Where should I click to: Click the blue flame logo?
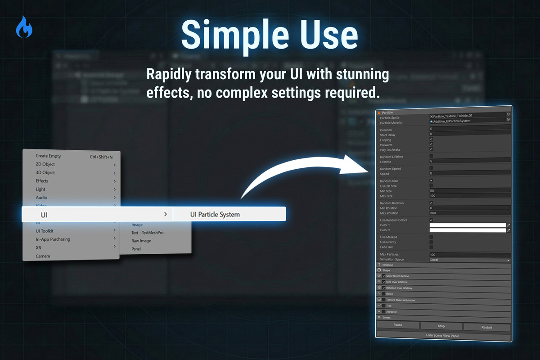point(24,27)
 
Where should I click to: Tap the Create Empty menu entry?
point(48,156)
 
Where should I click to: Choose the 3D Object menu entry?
point(45,172)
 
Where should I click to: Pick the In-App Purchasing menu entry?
point(53,239)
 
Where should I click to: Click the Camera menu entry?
point(43,256)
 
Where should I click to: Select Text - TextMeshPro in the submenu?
point(147,233)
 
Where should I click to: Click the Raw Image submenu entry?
point(141,241)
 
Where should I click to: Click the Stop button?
point(441,326)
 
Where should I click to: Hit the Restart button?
point(487,327)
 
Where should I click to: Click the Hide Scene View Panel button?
point(443,336)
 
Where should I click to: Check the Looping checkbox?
point(431,139)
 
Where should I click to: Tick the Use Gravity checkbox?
point(431,242)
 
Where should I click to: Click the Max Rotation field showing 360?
point(469,213)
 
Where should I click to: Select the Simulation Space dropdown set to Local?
point(469,260)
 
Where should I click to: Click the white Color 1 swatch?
point(467,225)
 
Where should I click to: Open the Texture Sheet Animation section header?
point(400,300)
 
